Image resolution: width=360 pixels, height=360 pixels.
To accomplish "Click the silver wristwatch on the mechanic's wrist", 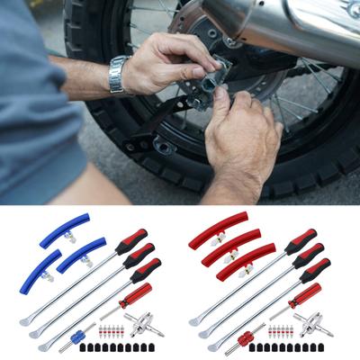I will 118,75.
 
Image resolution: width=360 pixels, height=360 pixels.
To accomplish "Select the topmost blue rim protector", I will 68,229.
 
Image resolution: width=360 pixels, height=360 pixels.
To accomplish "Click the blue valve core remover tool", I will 78,334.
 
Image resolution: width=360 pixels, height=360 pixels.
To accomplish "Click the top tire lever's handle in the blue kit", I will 131,241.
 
